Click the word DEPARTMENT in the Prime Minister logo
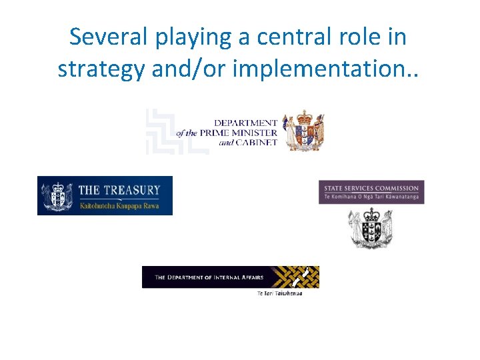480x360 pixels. click(245, 123)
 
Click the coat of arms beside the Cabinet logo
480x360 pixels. click(303, 131)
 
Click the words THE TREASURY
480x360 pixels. click(119, 190)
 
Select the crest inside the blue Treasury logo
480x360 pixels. click(58, 195)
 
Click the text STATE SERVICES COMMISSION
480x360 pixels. click(371, 189)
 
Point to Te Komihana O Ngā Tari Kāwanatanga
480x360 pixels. click(371, 198)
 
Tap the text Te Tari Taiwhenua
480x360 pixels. click(279, 293)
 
